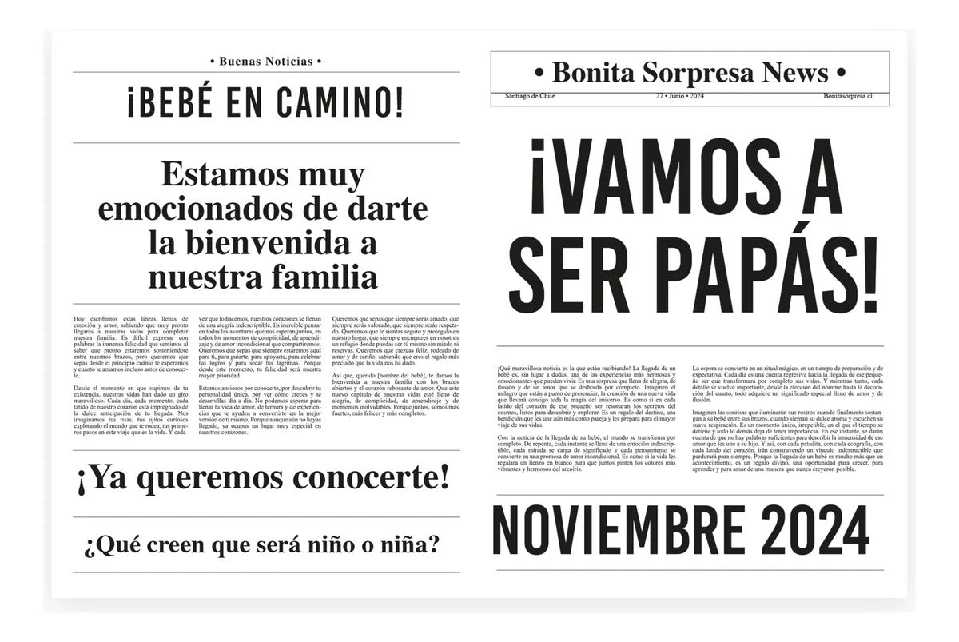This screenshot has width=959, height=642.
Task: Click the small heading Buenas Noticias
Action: click(x=265, y=61)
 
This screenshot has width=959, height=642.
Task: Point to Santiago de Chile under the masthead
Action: click(x=530, y=96)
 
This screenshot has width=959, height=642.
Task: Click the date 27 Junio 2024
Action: click(x=679, y=96)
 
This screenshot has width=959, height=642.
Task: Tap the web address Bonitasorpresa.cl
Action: click(x=846, y=96)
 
